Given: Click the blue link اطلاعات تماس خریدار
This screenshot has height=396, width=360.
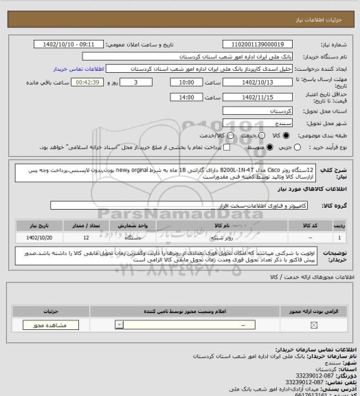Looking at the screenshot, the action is (79, 69).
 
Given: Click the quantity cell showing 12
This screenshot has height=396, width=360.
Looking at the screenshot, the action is (84, 236).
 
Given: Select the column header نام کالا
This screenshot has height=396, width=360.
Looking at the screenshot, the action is (222, 225).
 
